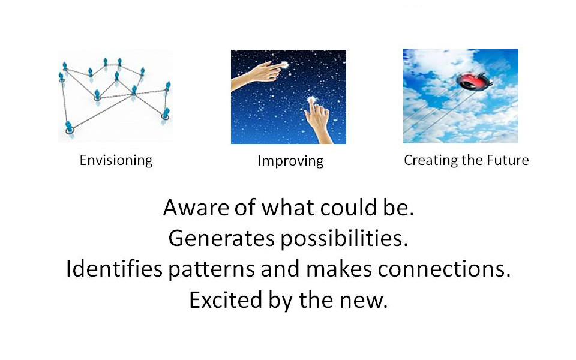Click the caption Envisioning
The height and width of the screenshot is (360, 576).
click(116, 161)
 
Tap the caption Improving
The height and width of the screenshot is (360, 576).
click(290, 161)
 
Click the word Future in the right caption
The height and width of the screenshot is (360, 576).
click(508, 160)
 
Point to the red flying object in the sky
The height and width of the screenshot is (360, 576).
click(474, 81)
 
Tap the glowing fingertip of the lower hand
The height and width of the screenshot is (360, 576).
click(312, 99)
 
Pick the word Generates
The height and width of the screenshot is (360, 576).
click(221, 238)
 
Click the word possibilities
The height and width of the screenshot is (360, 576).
click(344, 239)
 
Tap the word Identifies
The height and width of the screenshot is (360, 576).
click(114, 268)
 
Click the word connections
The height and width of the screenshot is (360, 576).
click(444, 269)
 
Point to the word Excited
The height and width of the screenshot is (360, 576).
click(226, 300)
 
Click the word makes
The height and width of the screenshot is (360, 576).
click(338, 269)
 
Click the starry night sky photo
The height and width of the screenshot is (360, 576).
click(289, 97)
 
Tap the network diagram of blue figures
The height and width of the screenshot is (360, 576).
click(115, 96)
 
